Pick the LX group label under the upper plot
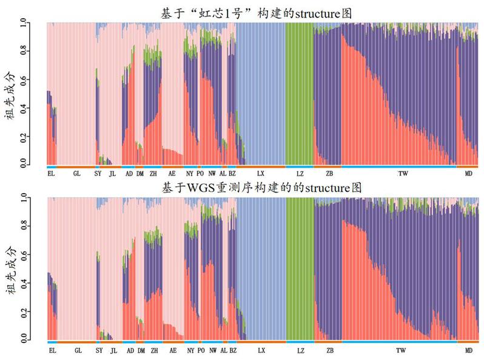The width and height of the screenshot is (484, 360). coord(261,174)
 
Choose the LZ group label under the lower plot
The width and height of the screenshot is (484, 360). coord(300,351)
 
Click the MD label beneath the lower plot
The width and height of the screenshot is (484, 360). coord(469,351)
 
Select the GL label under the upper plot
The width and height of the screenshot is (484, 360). coord(76,174)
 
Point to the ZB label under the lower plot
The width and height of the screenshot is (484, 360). coord(329,351)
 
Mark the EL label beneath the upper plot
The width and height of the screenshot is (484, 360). coord(51,174)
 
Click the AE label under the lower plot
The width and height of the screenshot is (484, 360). coord(173,351)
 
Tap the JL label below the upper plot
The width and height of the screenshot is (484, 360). coord(112,174)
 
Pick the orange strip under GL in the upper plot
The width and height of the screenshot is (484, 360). coord(76,166)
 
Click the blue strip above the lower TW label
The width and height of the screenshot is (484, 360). coord(400,342)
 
